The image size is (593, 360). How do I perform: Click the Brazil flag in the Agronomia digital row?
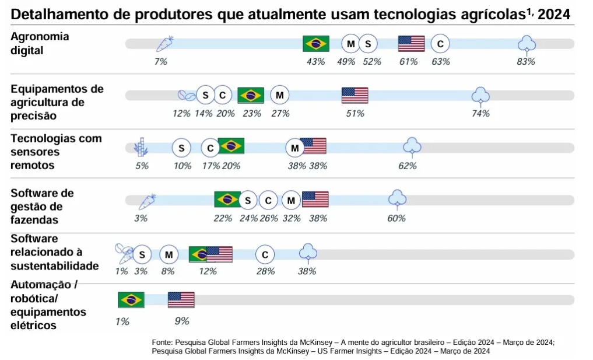[x=316, y=44]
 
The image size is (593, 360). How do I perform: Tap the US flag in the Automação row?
[x=181, y=300]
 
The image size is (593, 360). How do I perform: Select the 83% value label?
[x=525, y=61]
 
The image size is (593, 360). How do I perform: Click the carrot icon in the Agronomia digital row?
[x=164, y=44]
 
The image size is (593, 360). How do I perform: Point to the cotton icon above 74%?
[x=480, y=95]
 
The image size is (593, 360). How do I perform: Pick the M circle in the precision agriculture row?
[x=280, y=95]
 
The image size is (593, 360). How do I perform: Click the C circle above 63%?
[x=440, y=44]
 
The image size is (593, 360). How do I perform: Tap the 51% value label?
[x=355, y=114]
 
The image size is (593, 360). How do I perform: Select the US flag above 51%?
[x=355, y=95]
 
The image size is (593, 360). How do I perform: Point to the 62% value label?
[x=407, y=166]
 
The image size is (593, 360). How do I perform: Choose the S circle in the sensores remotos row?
[x=181, y=148]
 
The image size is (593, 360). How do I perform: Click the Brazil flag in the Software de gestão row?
[x=227, y=200]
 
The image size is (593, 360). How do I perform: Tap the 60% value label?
[x=396, y=218]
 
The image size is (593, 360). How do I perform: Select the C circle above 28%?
[x=265, y=254]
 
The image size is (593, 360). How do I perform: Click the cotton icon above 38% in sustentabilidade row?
[x=308, y=253]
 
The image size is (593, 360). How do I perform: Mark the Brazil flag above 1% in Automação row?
[x=131, y=300]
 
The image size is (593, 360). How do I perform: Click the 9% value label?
[x=182, y=321]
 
